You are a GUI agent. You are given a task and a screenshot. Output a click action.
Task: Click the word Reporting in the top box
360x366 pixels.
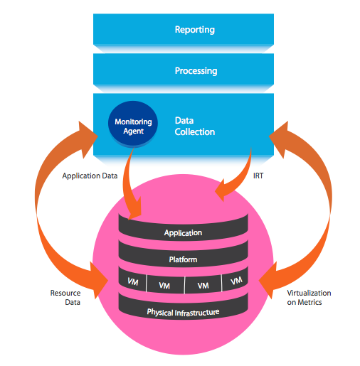tap(195, 30)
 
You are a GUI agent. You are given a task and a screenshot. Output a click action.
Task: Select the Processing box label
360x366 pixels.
tap(196, 71)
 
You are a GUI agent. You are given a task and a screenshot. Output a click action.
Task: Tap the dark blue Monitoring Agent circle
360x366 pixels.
tap(133, 123)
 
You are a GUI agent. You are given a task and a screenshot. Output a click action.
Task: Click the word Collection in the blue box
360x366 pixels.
tap(195, 132)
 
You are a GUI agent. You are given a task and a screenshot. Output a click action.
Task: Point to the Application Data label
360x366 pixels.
tap(90, 176)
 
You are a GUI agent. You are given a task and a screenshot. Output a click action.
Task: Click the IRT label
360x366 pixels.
tap(258, 176)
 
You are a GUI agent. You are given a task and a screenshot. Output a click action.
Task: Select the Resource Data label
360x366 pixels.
tap(65, 298)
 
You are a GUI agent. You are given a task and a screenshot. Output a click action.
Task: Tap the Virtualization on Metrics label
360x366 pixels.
tap(309, 298)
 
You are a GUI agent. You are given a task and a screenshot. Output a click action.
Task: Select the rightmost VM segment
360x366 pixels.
tap(235, 279)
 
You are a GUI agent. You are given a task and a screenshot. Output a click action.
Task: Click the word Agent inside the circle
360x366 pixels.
tap(133, 131)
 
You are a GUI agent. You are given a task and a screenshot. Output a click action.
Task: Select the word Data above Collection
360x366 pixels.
tap(184, 121)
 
